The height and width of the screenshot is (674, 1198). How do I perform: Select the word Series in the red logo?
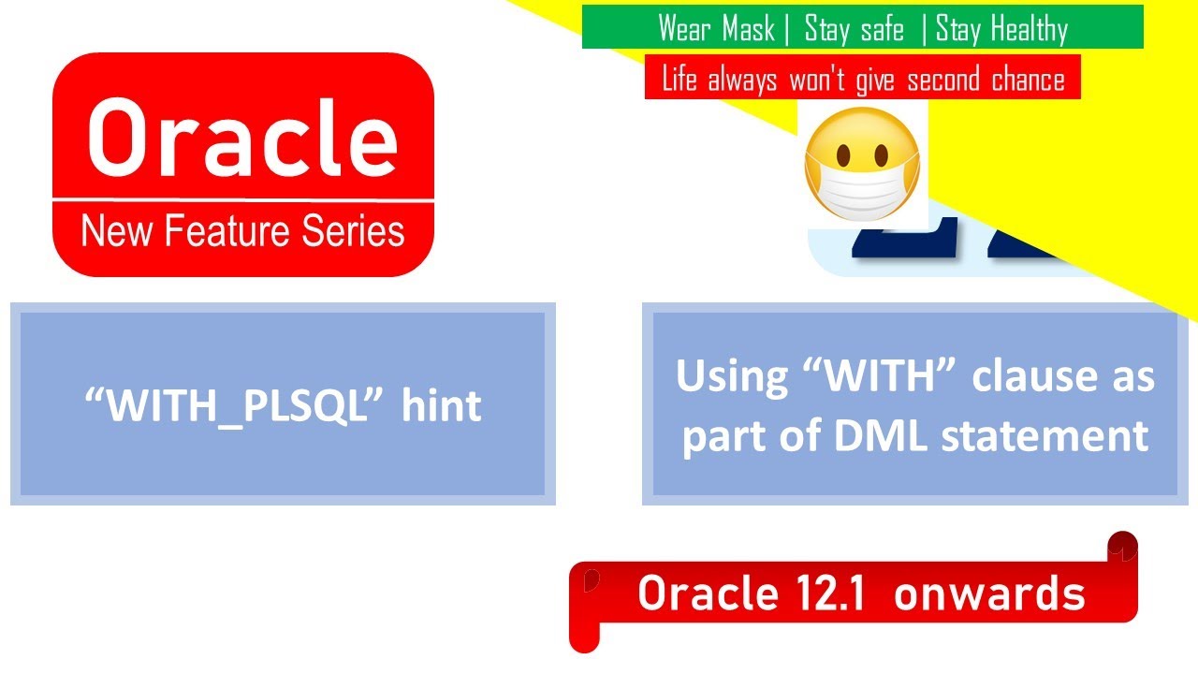click(359, 230)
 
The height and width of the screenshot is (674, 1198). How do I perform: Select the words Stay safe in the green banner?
click(855, 29)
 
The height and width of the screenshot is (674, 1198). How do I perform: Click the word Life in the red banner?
click(679, 80)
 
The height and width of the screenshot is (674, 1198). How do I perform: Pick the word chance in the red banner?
click(1028, 80)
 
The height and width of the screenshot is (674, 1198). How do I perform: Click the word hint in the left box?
click(442, 405)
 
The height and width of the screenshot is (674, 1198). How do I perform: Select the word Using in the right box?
click(719, 376)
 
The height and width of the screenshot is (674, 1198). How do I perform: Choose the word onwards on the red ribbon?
click(989, 593)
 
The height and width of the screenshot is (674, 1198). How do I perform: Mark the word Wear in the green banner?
click(683, 29)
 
